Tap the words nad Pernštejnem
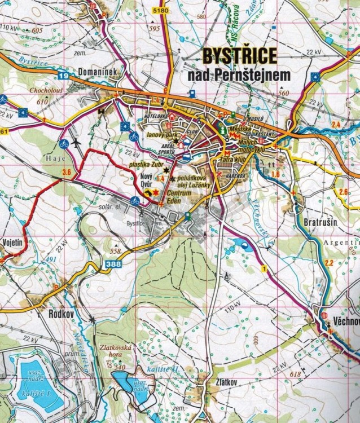pyautogui.click(x=239, y=74)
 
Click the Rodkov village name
pyautogui.click(x=63, y=313)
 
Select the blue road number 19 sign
pyautogui.click(x=64, y=76)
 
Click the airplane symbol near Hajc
pyautogui.click(x=77, y=142)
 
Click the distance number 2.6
pyautogui.click(x=344, y=192)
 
